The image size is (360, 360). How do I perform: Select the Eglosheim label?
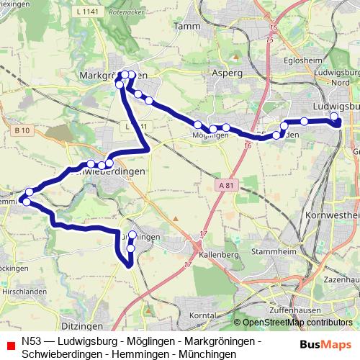[x=300, y=60]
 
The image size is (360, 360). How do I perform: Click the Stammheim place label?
[x=269, y=253]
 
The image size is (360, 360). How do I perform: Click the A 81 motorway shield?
[x=225, y=186]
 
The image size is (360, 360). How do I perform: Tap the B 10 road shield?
[x=22, y=130]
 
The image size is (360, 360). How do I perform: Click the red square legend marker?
[x=9, y=344]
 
